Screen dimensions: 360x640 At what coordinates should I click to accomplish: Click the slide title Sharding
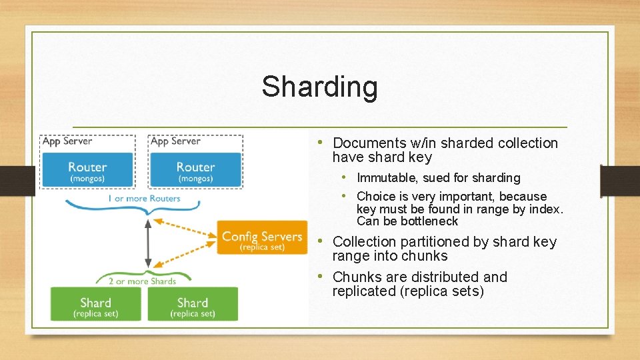(319, 87)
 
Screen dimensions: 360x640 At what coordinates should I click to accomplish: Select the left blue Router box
(87, 170)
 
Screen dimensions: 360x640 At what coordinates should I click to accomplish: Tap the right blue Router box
(195, 170)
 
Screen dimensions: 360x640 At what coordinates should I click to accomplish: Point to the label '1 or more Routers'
(144, 199)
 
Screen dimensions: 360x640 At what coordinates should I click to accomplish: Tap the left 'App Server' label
(67, 141)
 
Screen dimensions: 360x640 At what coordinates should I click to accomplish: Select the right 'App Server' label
(176, 141)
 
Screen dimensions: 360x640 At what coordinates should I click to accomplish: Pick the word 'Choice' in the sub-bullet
(375, 197)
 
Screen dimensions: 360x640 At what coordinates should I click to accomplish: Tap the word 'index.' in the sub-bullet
(547, 209)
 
